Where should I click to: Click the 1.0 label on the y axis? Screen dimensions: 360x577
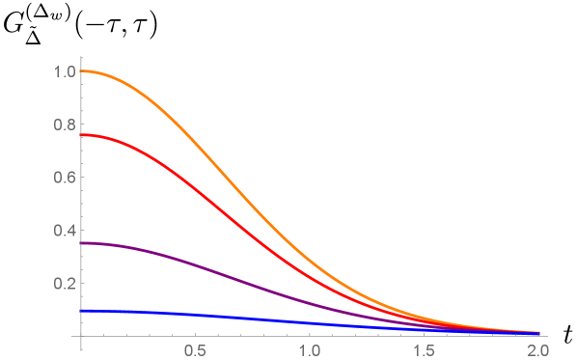[x=64, y=71]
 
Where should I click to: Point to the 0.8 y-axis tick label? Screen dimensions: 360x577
[x=64, y=125]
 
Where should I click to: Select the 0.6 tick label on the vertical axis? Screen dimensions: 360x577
[x=64, y=178]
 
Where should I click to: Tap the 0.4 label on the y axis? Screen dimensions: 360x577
[x=64, y=231]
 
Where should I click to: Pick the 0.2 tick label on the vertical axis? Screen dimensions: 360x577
[x=64, y=284]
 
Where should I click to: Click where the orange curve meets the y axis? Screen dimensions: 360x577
[x=82, y=71]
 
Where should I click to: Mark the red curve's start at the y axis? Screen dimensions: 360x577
[x=82, y=135]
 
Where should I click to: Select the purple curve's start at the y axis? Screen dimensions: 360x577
[x=82, y=243]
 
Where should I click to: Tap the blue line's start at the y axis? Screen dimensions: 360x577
[x=82, y=311]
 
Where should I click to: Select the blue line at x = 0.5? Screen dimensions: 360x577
[x=196, y=317]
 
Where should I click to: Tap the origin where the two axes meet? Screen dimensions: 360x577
[x=82, y=337]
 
